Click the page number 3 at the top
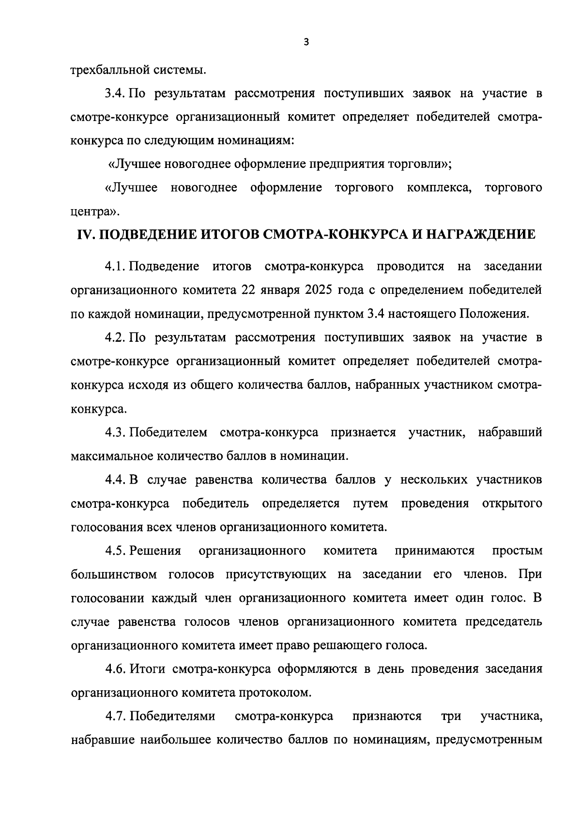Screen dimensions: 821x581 pyautogui.click(x=306, y=43)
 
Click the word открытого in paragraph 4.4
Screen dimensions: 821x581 pyautogui.click(x=512, y=503)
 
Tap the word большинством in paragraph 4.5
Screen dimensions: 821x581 pyautogui.click(x=114, y=575)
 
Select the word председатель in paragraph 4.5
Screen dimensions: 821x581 pyautogui.click(x=504, y=622)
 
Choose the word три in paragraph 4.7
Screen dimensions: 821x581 pyautogui.click(x=451, y=716)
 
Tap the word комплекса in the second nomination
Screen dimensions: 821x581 pyautogui.click(x=439, y=187)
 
